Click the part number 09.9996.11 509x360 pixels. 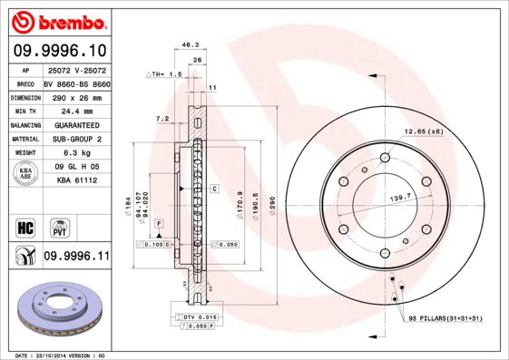[75, 257]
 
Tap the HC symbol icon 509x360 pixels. [24, 227]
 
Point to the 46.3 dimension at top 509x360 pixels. [191, 44]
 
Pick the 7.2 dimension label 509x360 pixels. [162, 119]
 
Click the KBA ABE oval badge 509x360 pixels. [26, 174]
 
